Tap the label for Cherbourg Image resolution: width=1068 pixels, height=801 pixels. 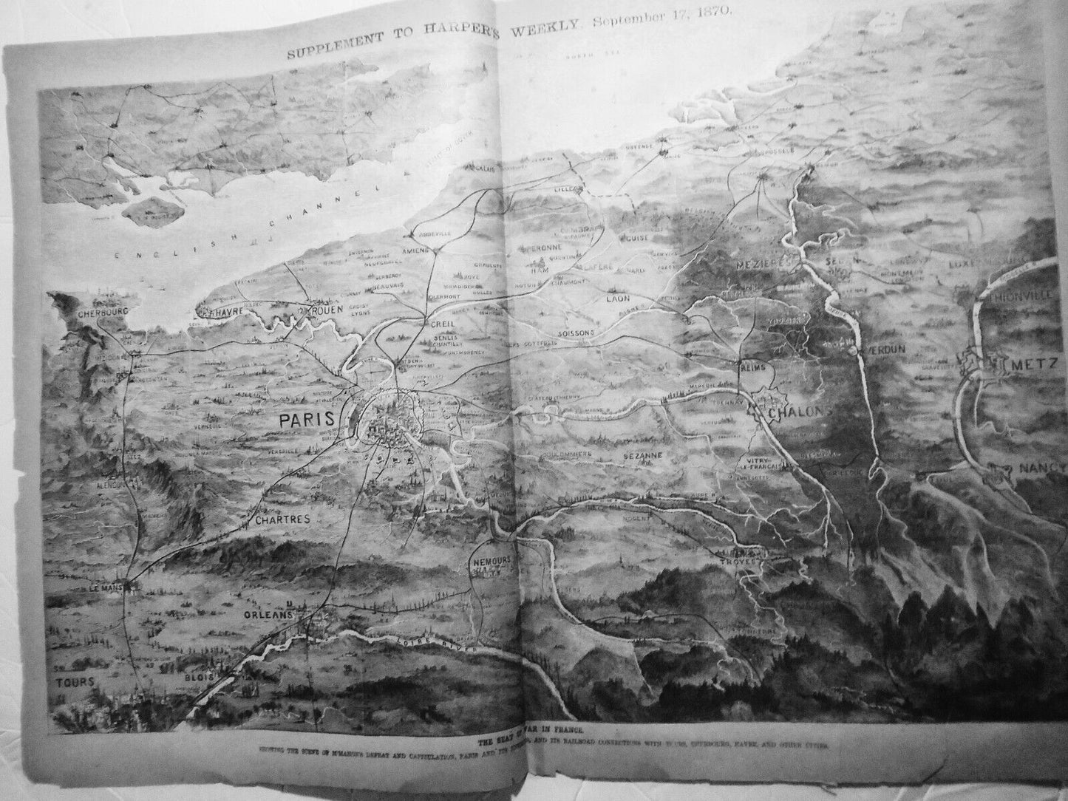pos(102,313)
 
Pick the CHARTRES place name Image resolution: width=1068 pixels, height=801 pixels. pos(281,519)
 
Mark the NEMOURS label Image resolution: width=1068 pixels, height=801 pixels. pos(491,561)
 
